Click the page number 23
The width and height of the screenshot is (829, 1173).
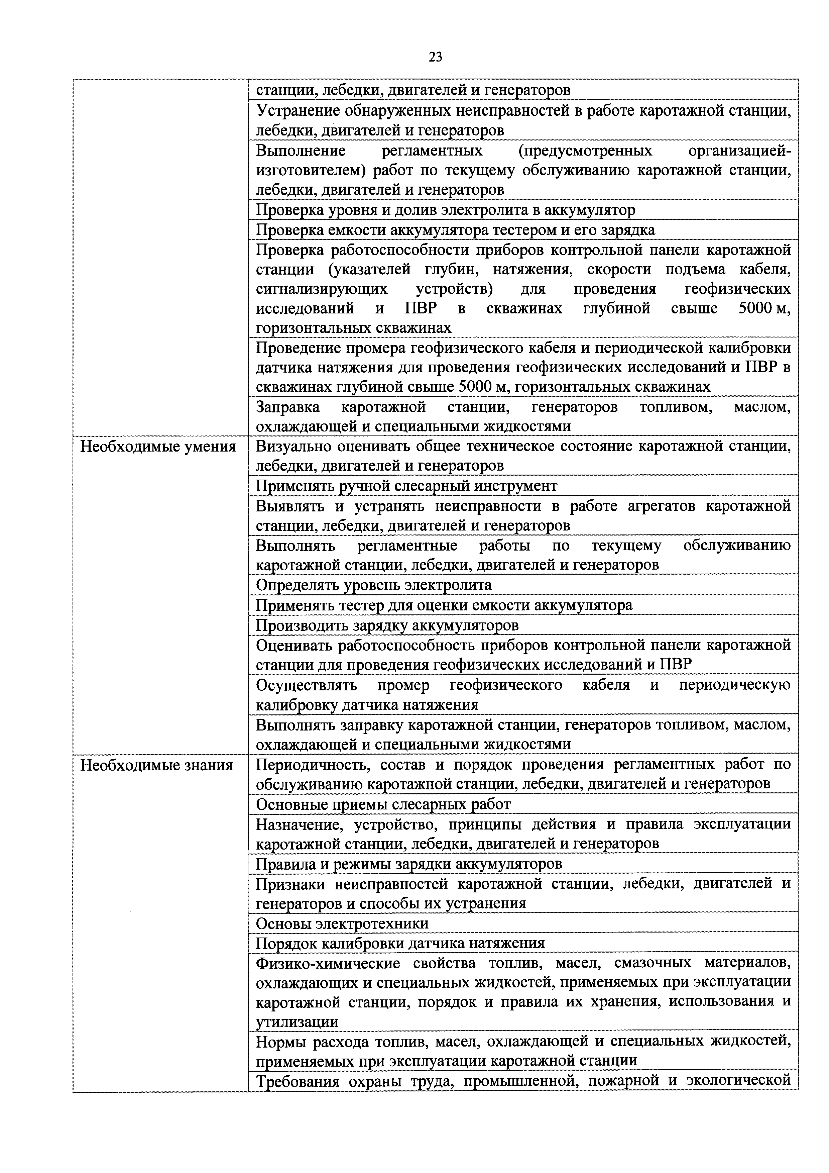coord(436,57)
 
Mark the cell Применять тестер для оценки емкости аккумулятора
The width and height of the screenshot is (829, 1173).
coord(444,605)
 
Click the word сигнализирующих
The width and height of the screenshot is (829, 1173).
coord(322,289)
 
